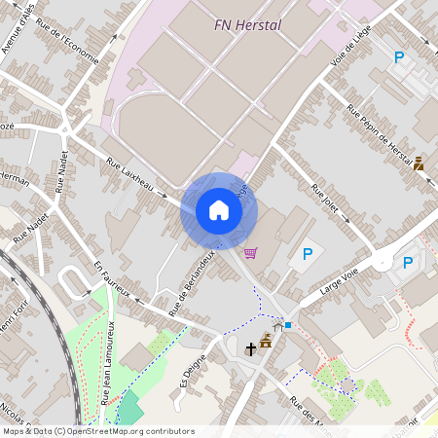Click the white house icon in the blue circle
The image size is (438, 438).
(x=219, y=210)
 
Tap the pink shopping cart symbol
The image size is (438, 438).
(x=251, y=253)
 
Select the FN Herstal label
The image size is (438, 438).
(x=247, y=25)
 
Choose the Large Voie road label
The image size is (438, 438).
(x=337, y=282)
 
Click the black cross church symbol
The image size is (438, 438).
(x=250, y=347)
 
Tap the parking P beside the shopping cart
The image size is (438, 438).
(x=308, y=255)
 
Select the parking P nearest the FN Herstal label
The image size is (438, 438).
(x=398, y=58)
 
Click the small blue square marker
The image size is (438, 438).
(x=288, y=324)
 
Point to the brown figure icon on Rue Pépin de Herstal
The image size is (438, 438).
(x=419, y=164)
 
